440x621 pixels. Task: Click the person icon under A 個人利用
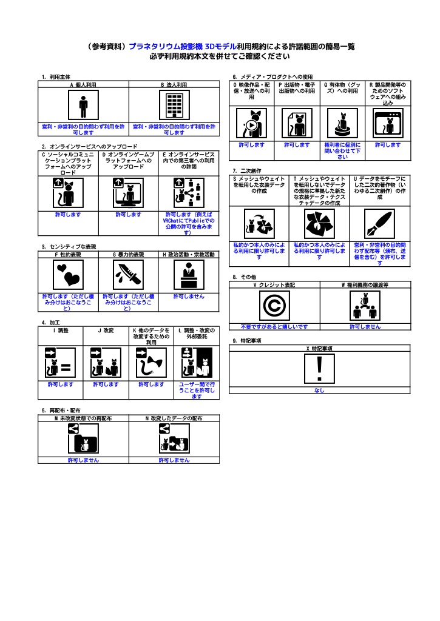83,105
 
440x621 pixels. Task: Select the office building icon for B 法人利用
174,105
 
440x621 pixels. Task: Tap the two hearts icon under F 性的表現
68,275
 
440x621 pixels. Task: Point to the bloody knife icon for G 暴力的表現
129,275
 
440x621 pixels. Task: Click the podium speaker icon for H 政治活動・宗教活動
189,275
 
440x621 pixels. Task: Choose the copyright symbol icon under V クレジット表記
274,306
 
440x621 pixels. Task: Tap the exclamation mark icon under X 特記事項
319,369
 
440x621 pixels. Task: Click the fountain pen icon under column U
380,224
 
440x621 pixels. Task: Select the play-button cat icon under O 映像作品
251,124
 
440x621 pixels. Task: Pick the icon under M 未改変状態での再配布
83,438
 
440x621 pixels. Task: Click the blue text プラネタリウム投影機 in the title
166,46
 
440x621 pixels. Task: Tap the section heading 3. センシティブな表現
69,247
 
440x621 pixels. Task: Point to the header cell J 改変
106,331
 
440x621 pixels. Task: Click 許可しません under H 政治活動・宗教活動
189,296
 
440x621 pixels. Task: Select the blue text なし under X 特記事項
319,390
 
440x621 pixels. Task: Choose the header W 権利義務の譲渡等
365,285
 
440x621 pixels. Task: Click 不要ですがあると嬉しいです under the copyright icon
274,327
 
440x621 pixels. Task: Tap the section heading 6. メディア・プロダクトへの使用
272,77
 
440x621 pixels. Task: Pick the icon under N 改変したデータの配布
174,438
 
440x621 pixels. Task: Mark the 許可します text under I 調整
61,384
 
